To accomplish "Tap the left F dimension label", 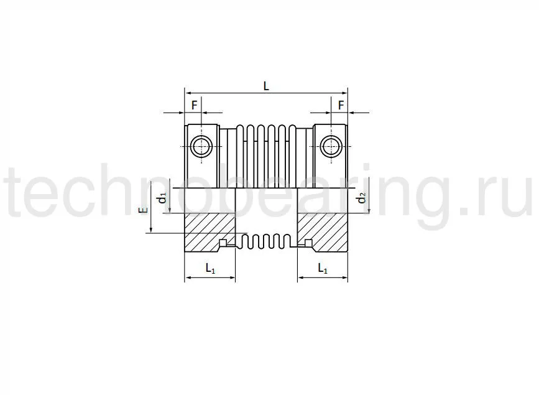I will point(194,105).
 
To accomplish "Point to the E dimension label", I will point(144,211).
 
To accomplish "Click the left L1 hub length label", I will point(210,268).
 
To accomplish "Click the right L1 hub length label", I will point(322,268).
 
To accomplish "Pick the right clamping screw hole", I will point(331,146).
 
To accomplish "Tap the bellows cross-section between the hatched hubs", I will point(266,241).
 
